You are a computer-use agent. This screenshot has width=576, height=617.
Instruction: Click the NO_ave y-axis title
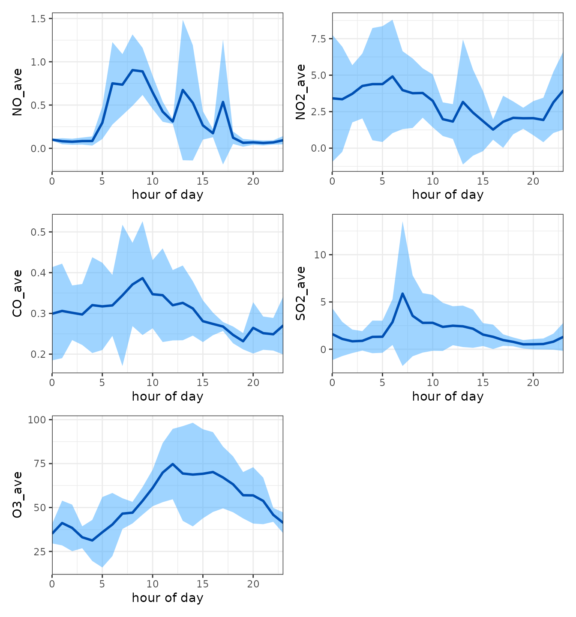click(x=17, y=92)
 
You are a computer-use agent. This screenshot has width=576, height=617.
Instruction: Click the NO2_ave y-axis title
click(x=300, y=92)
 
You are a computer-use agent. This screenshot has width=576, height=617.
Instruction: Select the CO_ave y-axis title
click(x=17, y=294)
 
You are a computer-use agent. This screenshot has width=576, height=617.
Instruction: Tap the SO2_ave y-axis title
click(x=300, y=294)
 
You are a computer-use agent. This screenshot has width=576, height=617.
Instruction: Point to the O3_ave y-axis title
click(x=17, y=495)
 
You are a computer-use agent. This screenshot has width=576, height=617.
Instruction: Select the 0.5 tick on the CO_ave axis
click(x=39, y=232)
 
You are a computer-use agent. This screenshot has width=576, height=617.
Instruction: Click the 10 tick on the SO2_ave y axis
click(x=320, y=255)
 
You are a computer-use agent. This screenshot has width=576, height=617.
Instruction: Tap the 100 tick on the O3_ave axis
click(x=37, y=420)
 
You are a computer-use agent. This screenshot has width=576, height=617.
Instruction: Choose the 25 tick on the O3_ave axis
click(x=39, y=552)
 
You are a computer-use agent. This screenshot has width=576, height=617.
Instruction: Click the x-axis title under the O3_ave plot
click(x=168, y=598)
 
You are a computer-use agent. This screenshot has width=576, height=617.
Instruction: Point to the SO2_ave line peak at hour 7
click(x=402, y=294)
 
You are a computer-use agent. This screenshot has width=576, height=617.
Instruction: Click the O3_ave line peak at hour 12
click(x=172, y=464)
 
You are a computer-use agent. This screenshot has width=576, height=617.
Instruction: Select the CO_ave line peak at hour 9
click(x=143, y=278)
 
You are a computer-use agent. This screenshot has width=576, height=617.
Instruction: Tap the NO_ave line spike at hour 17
click(x=223, y=102)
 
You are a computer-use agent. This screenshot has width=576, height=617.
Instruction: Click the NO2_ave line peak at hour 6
click(x=393, y=76)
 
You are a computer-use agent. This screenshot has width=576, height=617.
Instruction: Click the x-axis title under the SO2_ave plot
click(x=448, y=396)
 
